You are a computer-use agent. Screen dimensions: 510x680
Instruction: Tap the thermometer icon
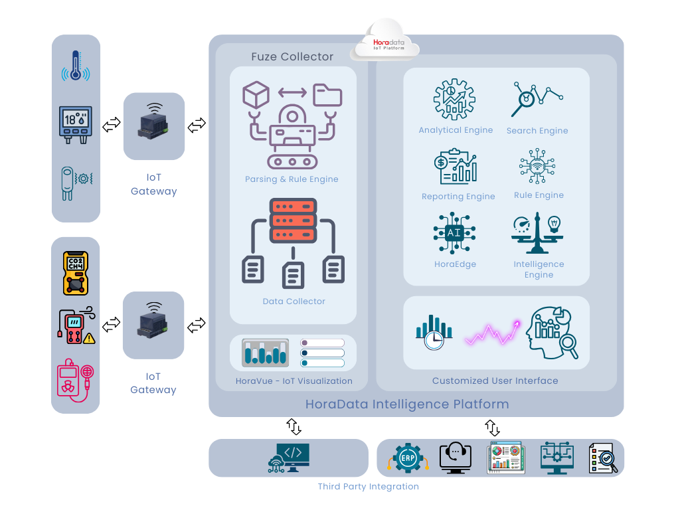click(x=76, y=67)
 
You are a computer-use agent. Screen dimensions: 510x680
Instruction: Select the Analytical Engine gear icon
click(x=454, y=100)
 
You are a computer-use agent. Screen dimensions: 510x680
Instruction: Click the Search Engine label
click(x=537, y=131)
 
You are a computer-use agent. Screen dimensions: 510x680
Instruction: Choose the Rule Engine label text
click(x=539, y=195)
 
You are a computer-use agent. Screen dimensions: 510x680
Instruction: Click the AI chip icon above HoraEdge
click(x=454, y=233)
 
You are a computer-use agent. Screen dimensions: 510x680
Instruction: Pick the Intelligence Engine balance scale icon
click(x=537, y=233)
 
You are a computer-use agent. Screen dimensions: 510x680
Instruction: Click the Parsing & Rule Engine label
click(x=292, y=179)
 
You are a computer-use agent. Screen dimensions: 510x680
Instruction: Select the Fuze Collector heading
click(x=292, y=57)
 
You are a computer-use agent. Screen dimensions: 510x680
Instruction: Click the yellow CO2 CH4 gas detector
click(x=76, y=273)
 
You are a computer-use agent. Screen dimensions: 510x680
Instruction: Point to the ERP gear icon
click(x=407, y=458)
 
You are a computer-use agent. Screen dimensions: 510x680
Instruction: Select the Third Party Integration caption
click(x=368, y=487)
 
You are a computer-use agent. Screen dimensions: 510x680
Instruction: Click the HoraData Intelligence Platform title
click(x=407, y=404)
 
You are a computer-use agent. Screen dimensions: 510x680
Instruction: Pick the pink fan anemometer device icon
click(x=75, y=381)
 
